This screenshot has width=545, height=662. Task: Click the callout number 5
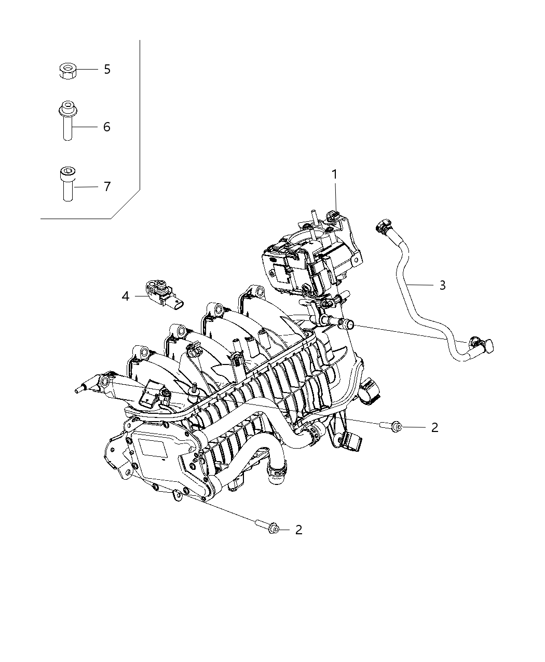coord(107,69)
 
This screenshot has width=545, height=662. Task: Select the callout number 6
coord(107,127)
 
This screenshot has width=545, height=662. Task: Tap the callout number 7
coord(107,186)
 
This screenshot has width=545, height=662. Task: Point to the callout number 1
coord(335,174)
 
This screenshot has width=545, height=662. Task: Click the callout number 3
coord(442,285)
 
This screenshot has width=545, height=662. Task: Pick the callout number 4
coord(125,296)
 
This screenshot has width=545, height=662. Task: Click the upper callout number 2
coord(434,427)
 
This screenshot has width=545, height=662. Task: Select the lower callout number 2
coord(298,530)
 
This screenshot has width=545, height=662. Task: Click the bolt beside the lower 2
coord(268,527)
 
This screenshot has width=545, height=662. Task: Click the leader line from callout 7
coord(86,186)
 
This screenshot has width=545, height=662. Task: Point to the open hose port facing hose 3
coord(346,325)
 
